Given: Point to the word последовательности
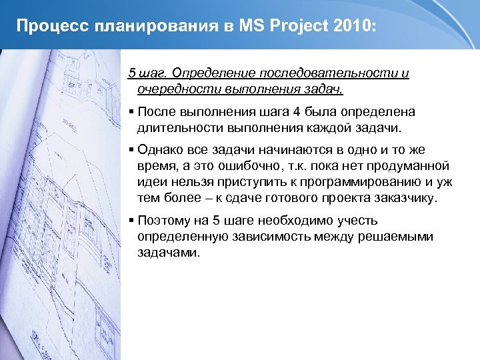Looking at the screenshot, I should click(329, 73).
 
